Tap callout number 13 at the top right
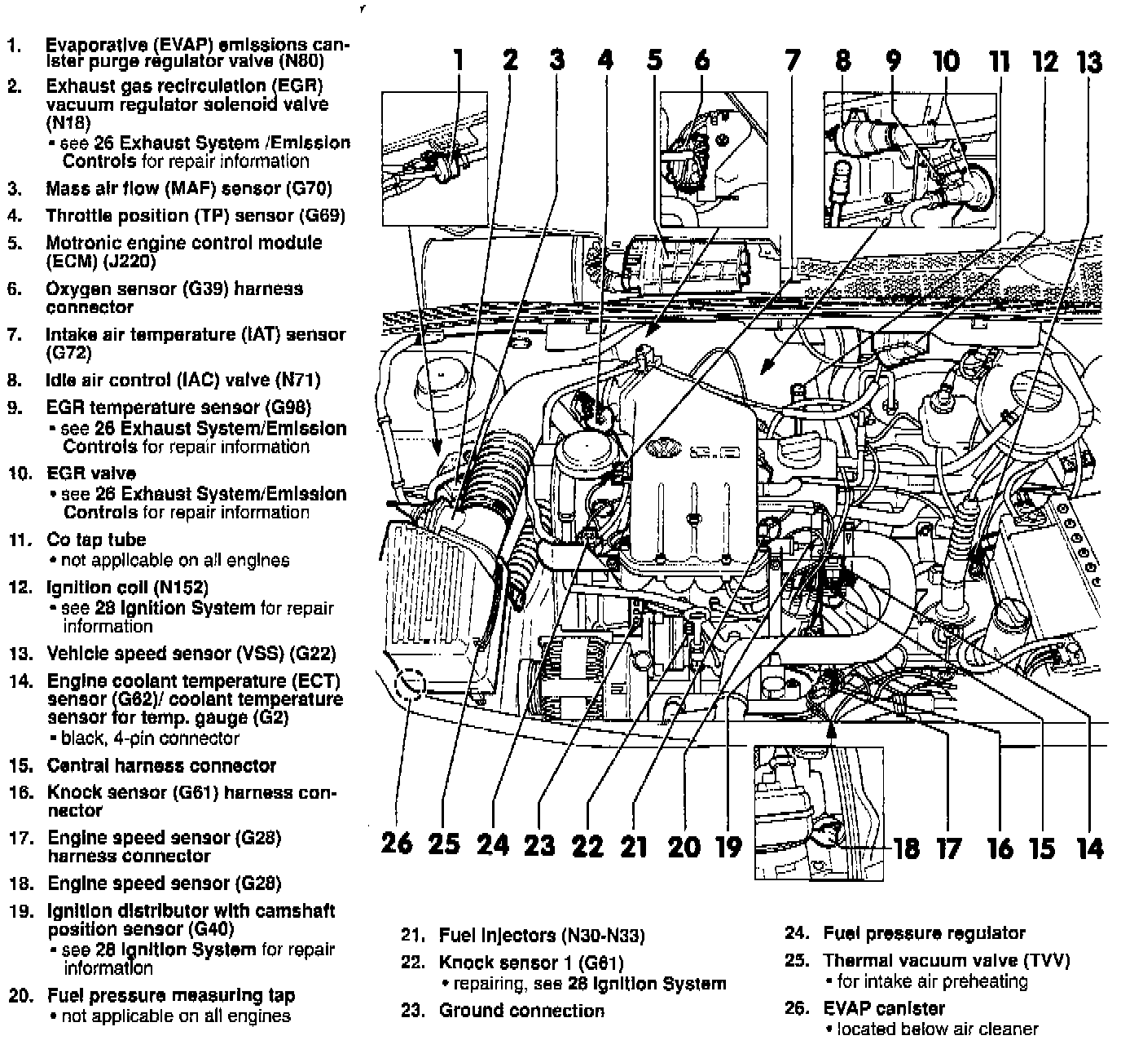(x=1089, y=63)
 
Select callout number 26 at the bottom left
(x=398, y=843)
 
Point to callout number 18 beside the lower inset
(x=906, y=848)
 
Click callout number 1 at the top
(x=458, y=60)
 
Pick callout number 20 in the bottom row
(x=684, y=847)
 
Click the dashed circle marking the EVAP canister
(x=410, y=685)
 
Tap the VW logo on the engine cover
(x=659, y=448)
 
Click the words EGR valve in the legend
(x=91, y=474)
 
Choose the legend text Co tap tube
(x=96, y=540)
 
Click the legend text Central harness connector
(x=161, y=766)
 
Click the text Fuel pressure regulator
(x=924, y=934)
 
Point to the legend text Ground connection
(x=521, y=1011)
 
